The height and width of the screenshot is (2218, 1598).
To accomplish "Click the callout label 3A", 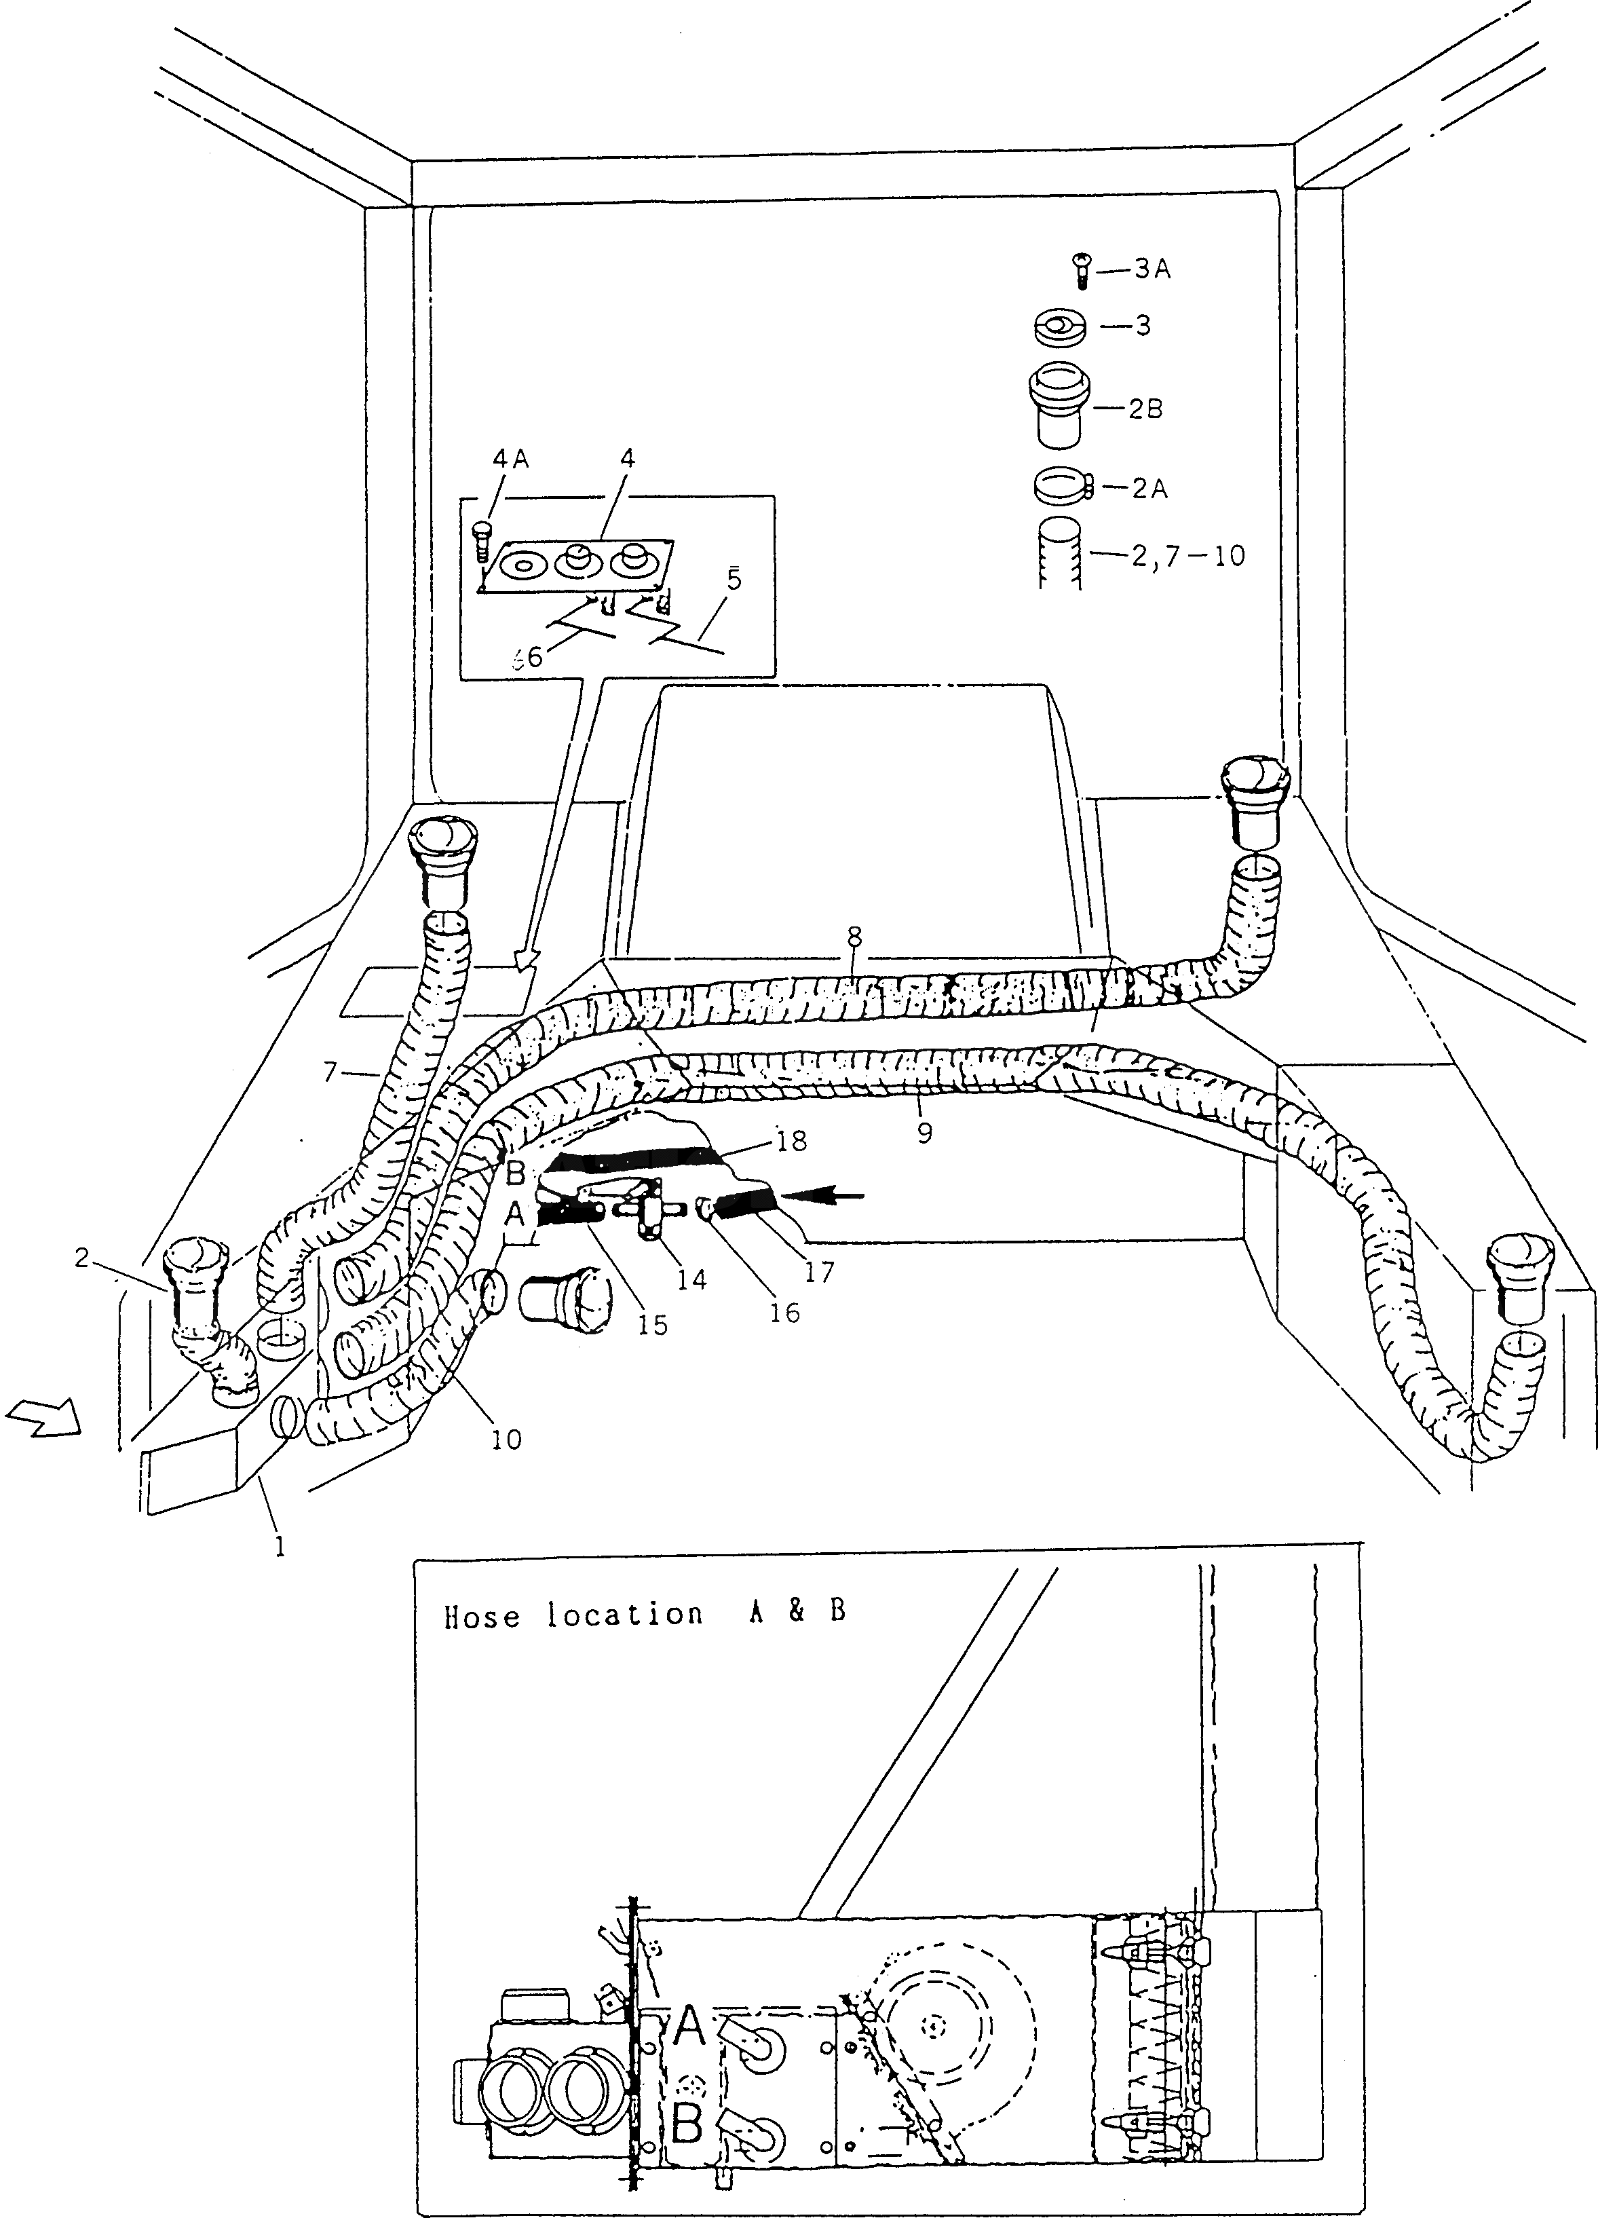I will point(1152,271).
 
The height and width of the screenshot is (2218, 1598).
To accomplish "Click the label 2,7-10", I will point(1191,557).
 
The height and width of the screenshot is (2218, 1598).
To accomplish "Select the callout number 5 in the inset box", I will point(734,579).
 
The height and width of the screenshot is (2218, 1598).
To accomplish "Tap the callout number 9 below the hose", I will point(924,1133).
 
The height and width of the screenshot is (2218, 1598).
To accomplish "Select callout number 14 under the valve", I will point(691,1279).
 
